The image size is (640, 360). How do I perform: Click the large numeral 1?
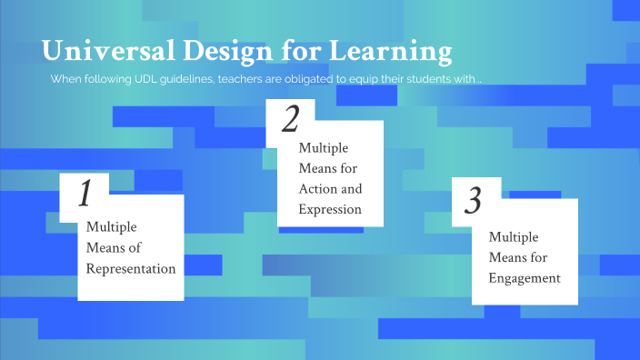85,194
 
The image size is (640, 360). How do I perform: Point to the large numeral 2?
291,120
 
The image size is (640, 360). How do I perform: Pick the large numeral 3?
473,200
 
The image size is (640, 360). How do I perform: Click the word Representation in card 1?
131,268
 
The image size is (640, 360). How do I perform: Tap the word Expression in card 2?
330,209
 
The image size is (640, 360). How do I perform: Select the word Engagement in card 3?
524,278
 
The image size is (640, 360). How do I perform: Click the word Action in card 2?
318,189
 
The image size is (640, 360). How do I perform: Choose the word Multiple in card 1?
111,226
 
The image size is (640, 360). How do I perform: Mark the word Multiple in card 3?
514,236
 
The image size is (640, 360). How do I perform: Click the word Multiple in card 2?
324,147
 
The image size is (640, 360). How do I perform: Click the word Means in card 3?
506,257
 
